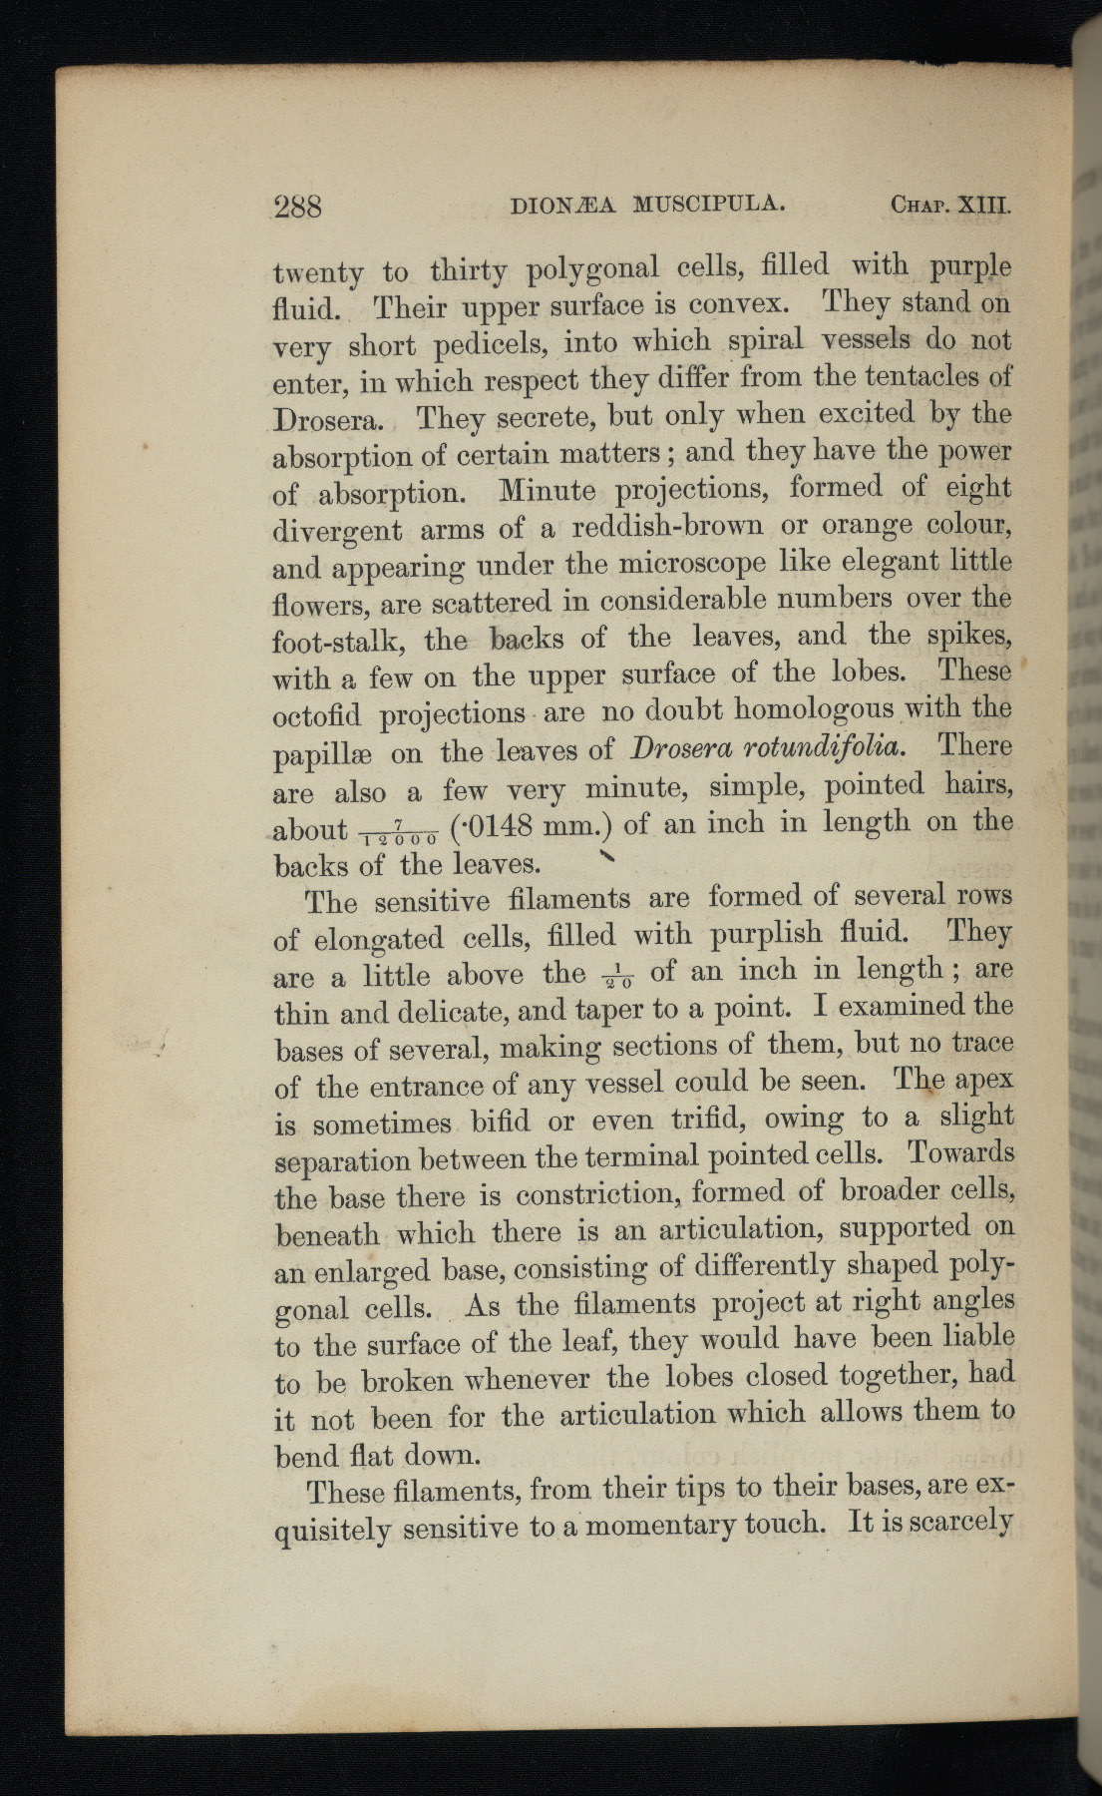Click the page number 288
(297, 207)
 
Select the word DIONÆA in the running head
(562, 206)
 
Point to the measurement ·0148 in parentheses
(496, 826)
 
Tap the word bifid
(511, 1122)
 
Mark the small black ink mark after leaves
(605, 858)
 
